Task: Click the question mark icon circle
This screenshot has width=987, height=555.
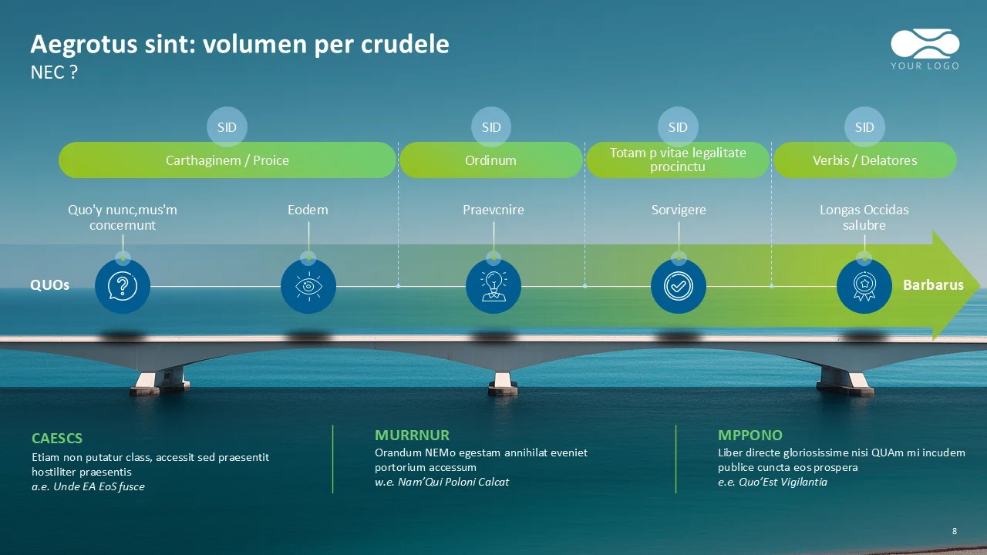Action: [x=122, y=286]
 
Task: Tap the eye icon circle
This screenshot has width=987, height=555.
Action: [x=308, y=286]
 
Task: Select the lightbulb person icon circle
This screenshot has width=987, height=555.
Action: [x=493, y=286]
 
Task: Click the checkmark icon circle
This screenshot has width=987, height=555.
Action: [x=679, y=286]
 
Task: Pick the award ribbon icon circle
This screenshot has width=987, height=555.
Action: [x=864, y=286]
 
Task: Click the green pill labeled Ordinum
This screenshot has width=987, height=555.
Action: [x=490, y=160]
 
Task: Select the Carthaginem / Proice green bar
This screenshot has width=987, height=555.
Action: [x=227, y=160]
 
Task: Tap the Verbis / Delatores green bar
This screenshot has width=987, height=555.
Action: [x=864, y=160]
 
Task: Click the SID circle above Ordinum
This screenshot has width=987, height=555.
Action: [x=491, y=127]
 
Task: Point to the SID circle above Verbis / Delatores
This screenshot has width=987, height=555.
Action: [x=864, y=127]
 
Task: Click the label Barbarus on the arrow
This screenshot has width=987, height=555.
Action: [x=933, y=285]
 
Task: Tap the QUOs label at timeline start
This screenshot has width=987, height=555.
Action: [x=50, y=285]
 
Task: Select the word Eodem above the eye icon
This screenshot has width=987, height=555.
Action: [x=308, y=210]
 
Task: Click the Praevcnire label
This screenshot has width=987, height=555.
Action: [x=493, y=210]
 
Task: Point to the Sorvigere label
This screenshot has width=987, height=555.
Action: [x=679, y=210]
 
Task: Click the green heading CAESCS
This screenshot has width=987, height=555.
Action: [x=57, y=439]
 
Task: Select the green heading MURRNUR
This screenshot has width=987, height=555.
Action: [x=412, y=436]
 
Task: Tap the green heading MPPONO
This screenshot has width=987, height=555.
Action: [x=750, y=436]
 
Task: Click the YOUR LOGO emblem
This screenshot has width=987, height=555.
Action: [x=925, y=49]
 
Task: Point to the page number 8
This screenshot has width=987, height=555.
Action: [x=955, y=531]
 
